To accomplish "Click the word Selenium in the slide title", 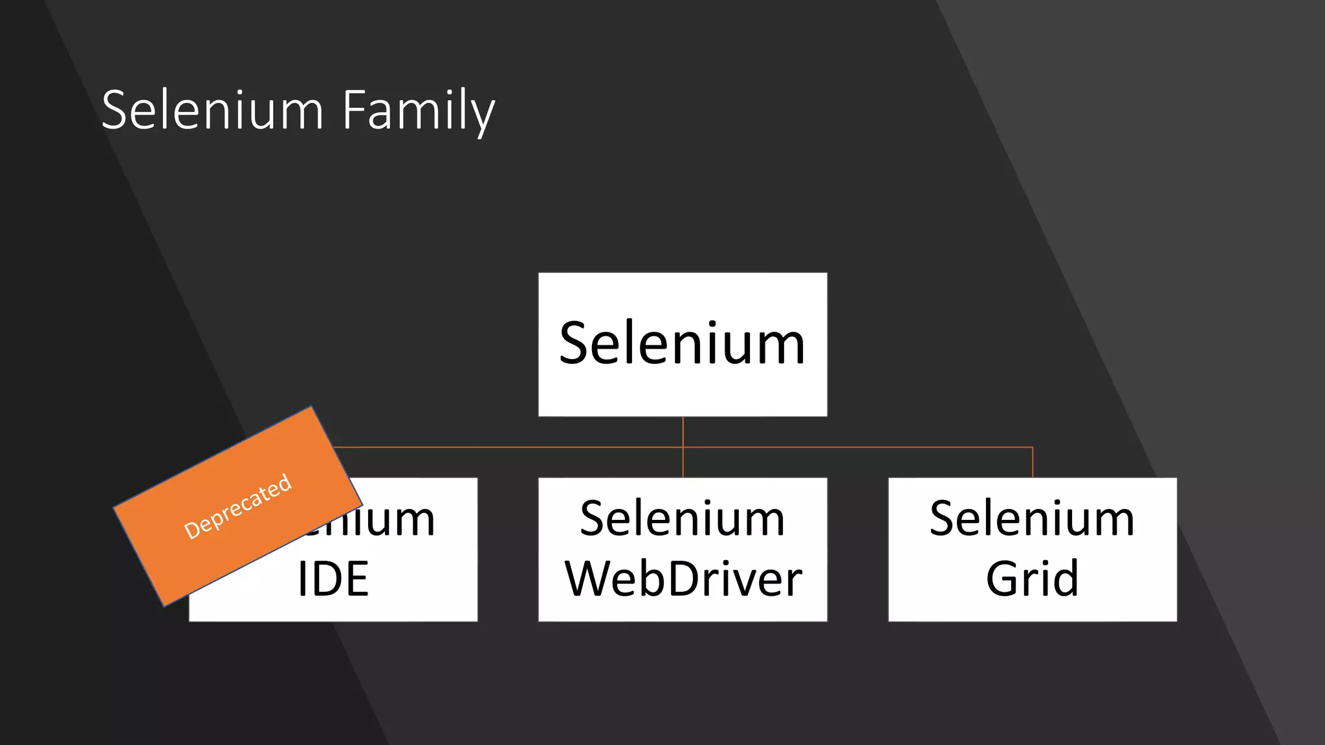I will [212, 111].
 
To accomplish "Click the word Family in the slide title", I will [418, 111].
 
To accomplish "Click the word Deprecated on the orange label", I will [238, 506].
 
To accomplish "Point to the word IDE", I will [333, 579].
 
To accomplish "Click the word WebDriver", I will [683, 579].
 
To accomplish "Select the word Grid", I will [1032, 579].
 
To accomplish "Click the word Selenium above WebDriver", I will [683, 519].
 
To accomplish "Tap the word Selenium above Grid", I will [1032, 519].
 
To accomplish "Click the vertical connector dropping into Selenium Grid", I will [1033, 462].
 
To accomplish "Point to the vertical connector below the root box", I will [683, 432].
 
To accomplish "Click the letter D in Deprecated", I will [192, 530].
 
